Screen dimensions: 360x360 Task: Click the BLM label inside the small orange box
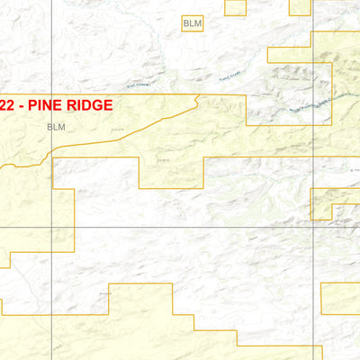pos(192,22)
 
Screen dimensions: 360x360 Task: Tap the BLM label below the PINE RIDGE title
pos(57,128)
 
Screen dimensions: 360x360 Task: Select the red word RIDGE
pos(88,104)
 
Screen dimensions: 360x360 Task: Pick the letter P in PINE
pos(31,104)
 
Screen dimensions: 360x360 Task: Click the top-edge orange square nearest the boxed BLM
pos(235,7)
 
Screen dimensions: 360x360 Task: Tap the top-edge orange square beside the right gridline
pos(300,7)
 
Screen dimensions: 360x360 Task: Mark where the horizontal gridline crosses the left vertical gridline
pos(52,227)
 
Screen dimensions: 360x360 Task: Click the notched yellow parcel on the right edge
pos(335,203)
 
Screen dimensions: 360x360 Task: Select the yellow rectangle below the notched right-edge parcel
pos(340,299)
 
